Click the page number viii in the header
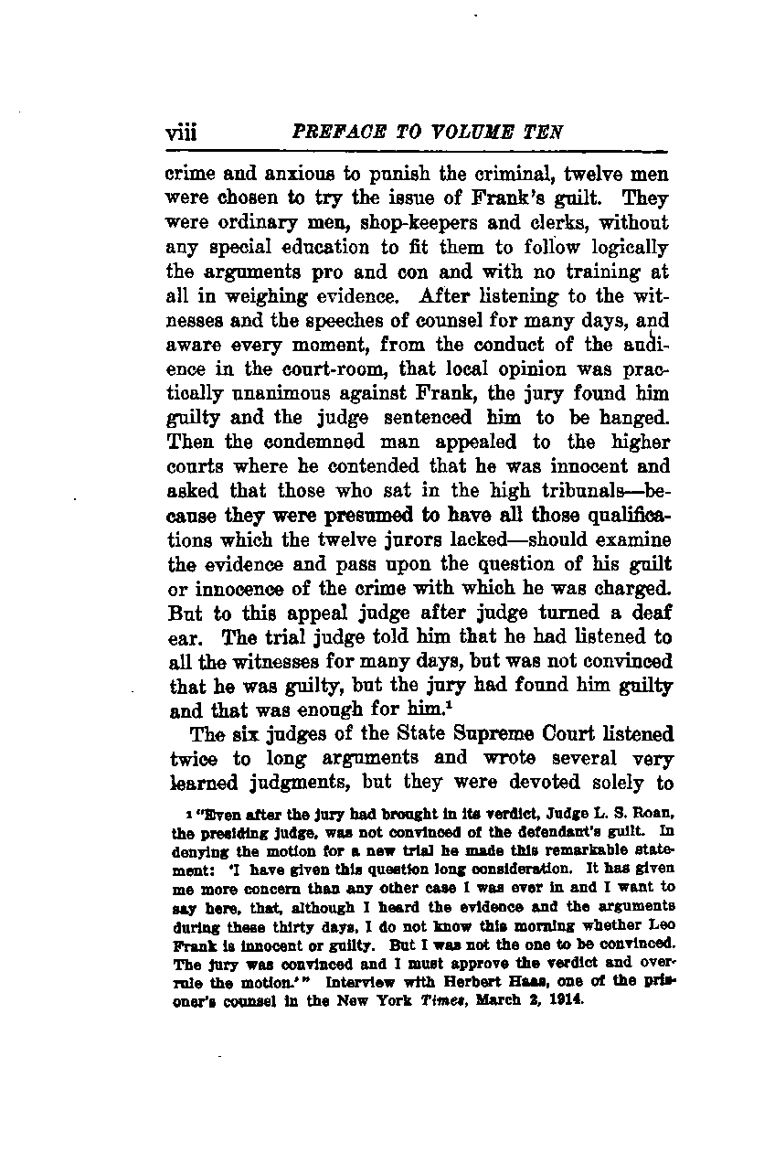[182, 133]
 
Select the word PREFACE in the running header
[331, 132]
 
